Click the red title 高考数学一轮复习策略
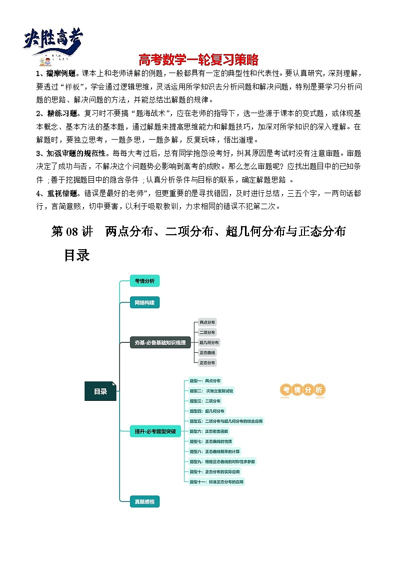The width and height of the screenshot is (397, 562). tap(198, 60)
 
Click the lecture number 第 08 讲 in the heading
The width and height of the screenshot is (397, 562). tap(72, 232)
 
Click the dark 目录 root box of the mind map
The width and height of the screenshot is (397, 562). tap(100, 391)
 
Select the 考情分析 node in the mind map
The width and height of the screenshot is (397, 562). tap(144, 281)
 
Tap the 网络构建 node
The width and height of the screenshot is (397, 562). tap(144, 303)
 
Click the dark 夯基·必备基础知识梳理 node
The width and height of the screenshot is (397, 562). tap(159, 342)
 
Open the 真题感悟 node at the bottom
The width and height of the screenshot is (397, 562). tap(144, 500)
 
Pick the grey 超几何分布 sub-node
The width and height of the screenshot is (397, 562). tap(209, 342)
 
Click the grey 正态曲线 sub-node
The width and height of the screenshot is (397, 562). tap(207, 352)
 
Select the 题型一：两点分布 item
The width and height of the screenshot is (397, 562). tap(205, 380)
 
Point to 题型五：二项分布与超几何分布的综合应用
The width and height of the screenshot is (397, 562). tap(226, 421)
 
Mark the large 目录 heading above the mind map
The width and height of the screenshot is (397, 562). tap(76, 255)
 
